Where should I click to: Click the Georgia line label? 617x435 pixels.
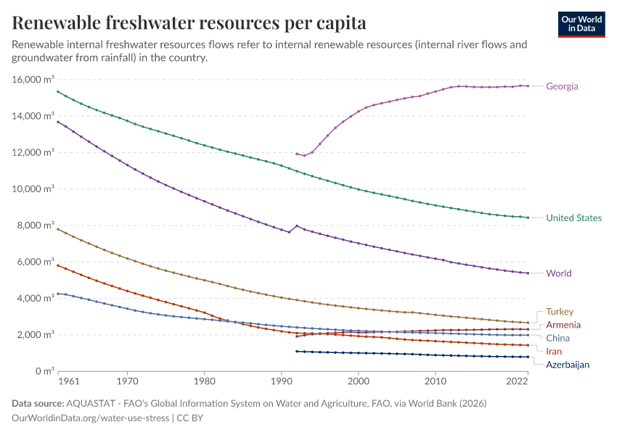562,86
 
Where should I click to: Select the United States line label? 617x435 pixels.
573,217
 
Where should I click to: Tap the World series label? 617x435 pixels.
558,273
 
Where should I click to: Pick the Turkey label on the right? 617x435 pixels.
560,312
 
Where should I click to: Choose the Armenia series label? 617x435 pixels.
563,325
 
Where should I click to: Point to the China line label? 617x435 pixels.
557,338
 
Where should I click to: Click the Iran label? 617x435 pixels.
554,352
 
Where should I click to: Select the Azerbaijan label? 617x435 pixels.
568,365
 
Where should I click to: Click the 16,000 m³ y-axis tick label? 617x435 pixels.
33,80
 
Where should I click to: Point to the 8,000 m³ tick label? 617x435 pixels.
35,225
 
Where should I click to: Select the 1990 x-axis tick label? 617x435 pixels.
281,381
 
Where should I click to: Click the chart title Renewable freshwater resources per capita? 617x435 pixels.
189,23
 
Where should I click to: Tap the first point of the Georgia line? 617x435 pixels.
297,154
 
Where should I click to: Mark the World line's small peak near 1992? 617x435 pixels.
296,225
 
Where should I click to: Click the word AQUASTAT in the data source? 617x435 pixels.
90,403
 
